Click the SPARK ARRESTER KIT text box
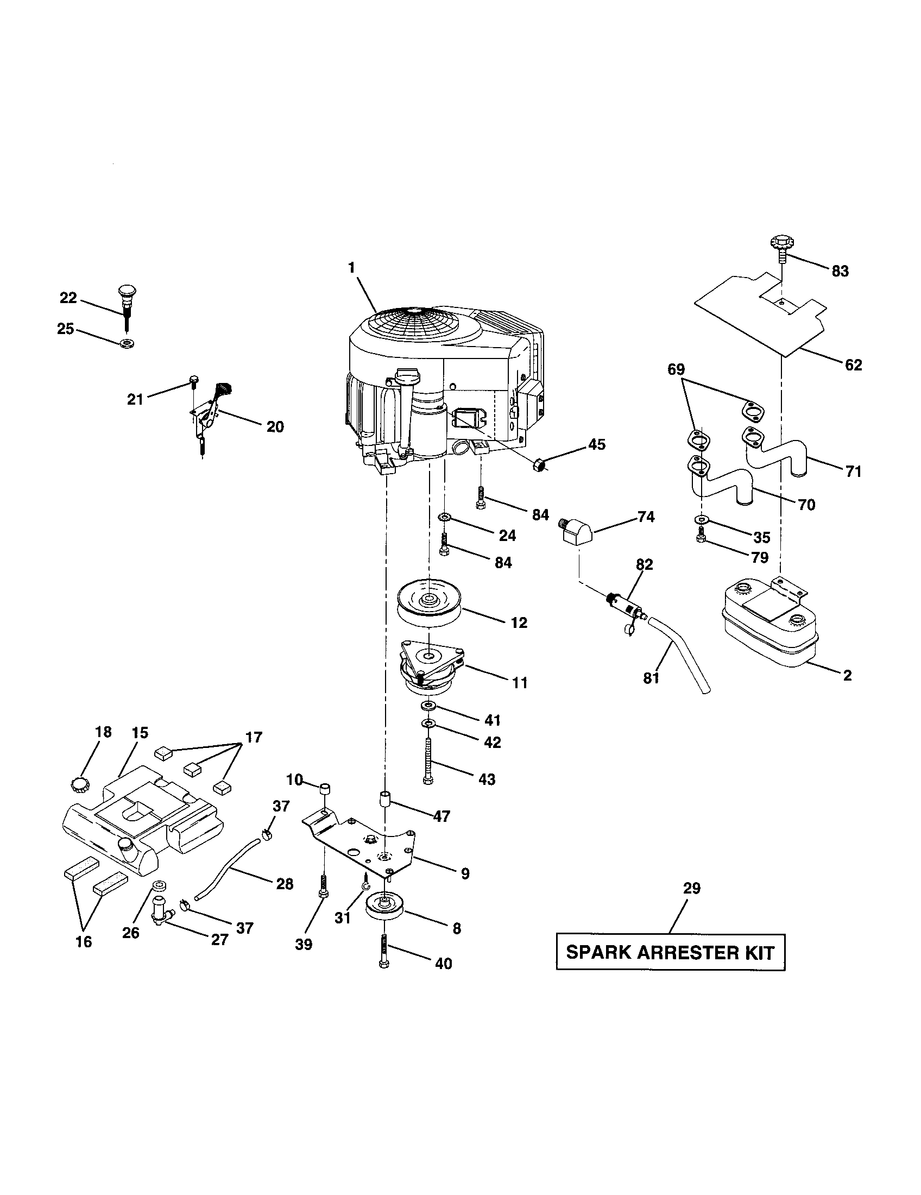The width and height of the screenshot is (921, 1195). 671,952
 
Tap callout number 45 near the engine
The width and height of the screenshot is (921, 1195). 597,444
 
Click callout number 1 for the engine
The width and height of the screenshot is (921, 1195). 351,268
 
